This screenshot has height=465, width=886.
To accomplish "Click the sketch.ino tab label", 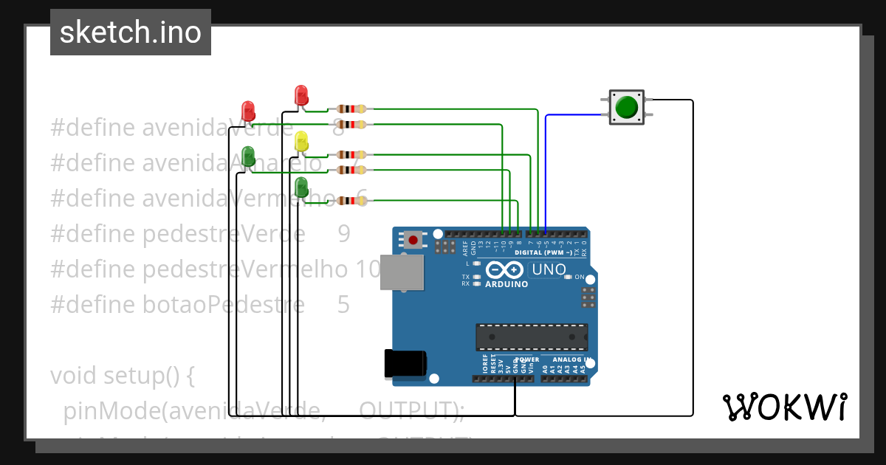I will [x=131, y=32].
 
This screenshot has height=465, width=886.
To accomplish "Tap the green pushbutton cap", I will [x=627, y=107].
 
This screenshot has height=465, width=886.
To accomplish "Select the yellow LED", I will [x=301, y=142].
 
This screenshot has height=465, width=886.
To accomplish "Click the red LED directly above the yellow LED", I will [x=301, y=95].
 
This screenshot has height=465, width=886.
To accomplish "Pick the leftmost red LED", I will [x=248, y=111].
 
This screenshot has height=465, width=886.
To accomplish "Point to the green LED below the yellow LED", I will [x=301, y=187].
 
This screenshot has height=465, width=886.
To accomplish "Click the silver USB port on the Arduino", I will [x=402, y=273].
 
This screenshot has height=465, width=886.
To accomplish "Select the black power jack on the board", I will [x=405, y=364].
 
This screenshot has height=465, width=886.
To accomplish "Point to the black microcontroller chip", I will [x=532, y=336].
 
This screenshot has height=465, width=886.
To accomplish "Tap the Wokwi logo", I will [x=784, y=407].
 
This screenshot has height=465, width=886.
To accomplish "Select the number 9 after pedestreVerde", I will [x=344, y=234].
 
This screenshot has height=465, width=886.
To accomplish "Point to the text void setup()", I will [x=122, y=376].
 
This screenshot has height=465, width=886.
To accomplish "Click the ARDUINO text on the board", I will [x=506, y=284].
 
